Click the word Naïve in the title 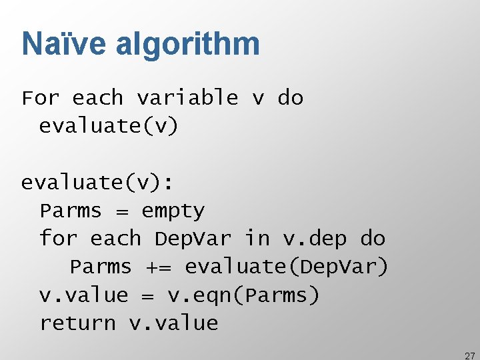click(64, 44)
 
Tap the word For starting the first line click(41, 98)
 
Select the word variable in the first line click(187, 98)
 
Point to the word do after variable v click(290, 98)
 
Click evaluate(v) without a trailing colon click(109, 126)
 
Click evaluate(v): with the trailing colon click(97, 183)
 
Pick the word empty click(173, 212)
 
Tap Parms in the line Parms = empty click(70, 211)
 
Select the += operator click(158, 267)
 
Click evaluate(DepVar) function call click(287, 267)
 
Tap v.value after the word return click(174, 323)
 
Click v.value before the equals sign click(83, 295)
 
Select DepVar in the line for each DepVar click(193, 239)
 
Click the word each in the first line click(97, 98)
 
